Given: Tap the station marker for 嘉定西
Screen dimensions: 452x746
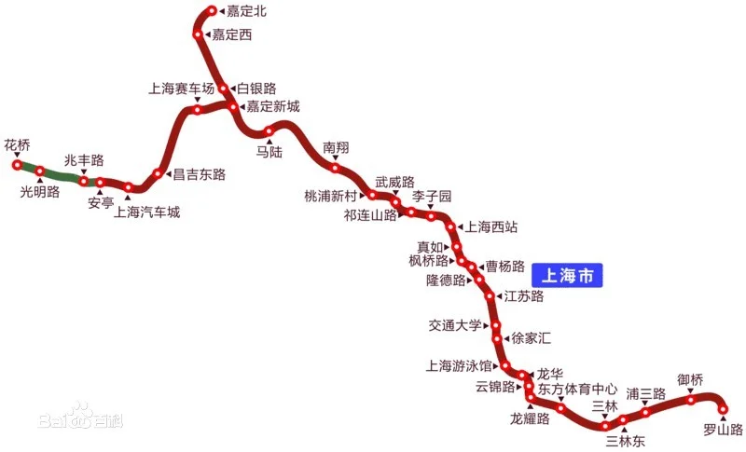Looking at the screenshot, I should (198, 34).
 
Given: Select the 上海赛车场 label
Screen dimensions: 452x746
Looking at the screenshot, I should (182, 89).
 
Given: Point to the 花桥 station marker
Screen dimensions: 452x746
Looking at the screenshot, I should (17, 165).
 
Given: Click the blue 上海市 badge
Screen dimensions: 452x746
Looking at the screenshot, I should (568, 276).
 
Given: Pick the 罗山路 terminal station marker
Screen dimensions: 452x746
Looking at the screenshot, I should (723, 408).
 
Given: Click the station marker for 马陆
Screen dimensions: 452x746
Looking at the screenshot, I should (269, 131).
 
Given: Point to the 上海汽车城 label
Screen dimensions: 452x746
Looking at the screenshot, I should (146, 212).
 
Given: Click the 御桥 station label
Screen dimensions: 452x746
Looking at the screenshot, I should (690, 380).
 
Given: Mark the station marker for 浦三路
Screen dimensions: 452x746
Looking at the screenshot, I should (645, 412).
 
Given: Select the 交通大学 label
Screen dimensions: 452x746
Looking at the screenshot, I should (455, 325).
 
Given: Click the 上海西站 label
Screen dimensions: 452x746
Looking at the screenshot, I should (491, 226).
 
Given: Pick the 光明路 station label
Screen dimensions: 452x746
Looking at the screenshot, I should (40, 192).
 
